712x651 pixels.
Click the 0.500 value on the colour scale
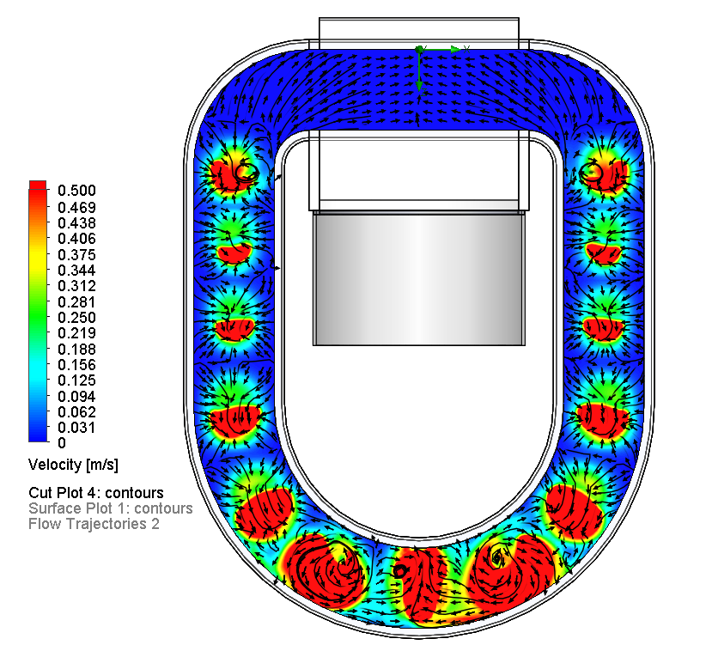point(76,190)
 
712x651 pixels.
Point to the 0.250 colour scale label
point(76,317)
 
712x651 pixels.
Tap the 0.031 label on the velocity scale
point(76,427)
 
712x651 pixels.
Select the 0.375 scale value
point(76,255)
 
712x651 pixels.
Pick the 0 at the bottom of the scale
point(62,442)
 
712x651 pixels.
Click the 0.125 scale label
point(76,380)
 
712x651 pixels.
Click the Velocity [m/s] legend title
point(73,465)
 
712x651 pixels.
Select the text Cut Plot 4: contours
point(96,493)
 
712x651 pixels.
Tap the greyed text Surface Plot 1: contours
point(110,508)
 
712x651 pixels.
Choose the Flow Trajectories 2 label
point(94,524)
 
